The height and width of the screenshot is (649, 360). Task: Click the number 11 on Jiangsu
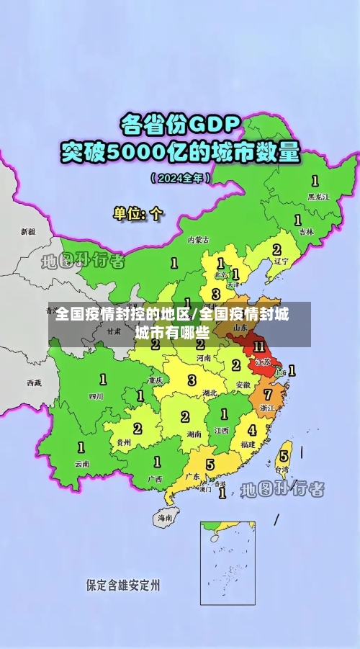click(x=258, y=347)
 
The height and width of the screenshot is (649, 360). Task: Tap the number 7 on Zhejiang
click(x=267, y=395)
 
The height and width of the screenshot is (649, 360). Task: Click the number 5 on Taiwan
click(x=284, y=455)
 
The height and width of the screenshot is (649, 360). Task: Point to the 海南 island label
click(x=165, y=517)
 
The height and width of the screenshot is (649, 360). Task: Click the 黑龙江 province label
click(x=318, y=196)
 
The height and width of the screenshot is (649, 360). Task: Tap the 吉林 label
click(x=307, y=232)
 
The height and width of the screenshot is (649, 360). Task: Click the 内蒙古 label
click(x=198, y=239)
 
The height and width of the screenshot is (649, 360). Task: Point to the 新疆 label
click(x=27, y=232)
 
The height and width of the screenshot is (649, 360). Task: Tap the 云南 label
click(x=82, y=464)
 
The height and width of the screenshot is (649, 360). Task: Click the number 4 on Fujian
click(x=252, y=430)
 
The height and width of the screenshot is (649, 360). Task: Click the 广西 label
click(x=154, y=478)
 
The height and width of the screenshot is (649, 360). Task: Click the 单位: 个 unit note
click(x=138, y=213)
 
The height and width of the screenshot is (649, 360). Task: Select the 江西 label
click(x=221, y=430)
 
